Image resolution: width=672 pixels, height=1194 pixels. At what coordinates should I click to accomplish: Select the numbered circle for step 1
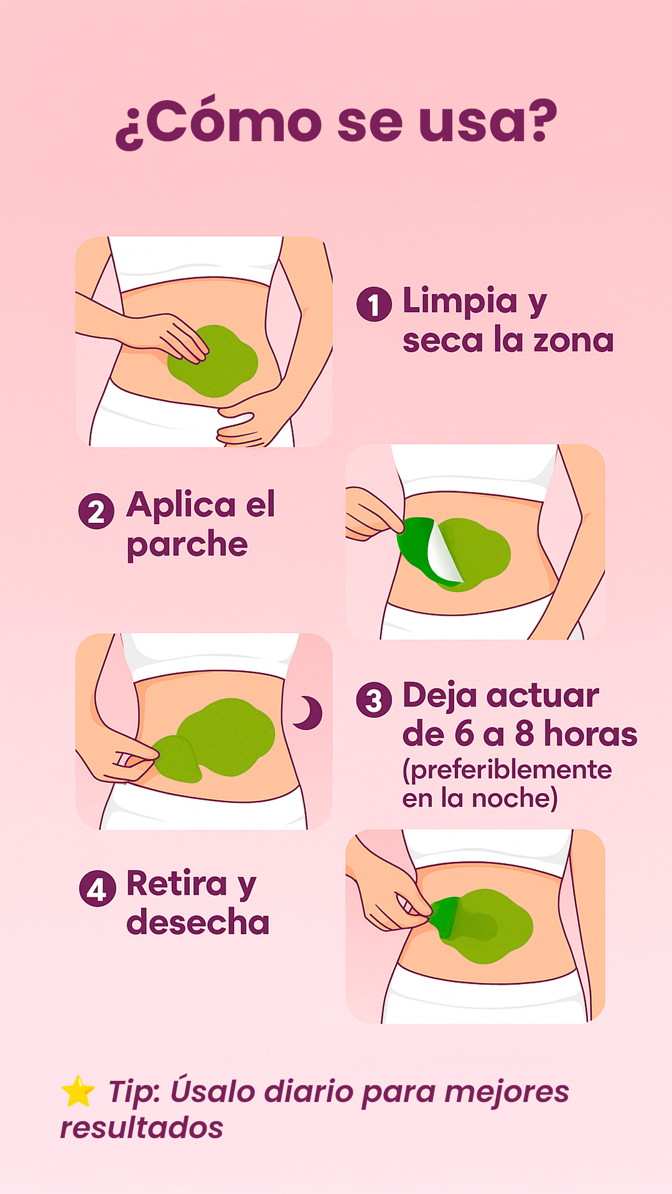click(374, 304)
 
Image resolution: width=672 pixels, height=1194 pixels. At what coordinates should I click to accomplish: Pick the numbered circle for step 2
click(96, 511)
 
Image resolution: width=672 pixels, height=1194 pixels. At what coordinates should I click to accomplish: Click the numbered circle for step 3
click(374, 700)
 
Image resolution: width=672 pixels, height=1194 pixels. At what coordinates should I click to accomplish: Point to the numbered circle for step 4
click(97, 889)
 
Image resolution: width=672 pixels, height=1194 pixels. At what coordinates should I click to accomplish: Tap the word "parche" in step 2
click(187, 545)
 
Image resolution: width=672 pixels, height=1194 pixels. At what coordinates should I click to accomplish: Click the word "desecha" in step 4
click(198, 922)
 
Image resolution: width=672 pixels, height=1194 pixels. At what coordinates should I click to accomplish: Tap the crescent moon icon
click(309, 713)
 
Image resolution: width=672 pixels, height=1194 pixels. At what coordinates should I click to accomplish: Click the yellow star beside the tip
click(78, 1092)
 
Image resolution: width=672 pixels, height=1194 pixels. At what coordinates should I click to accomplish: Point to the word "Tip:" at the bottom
click(134, 1093)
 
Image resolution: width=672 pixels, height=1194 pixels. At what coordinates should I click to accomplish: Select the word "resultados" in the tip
click(142, 1128)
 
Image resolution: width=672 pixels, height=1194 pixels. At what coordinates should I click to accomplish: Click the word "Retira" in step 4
click(177, 883)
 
